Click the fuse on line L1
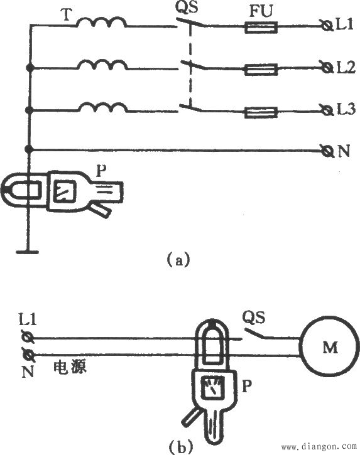261,28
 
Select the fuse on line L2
261,70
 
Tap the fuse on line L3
261,112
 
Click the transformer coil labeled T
101,22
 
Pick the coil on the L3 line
103,107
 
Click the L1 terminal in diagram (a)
327,25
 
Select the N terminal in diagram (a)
327,151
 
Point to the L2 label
346,68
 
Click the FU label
261,12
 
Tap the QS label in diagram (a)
187,8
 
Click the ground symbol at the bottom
27,252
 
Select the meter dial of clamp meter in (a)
66,191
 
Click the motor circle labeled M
330,347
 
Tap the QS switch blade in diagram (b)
254,333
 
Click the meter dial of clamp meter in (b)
213,388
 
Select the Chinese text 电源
70,368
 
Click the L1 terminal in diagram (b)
28,337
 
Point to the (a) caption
178,259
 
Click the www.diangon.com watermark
319,446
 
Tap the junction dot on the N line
28,149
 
